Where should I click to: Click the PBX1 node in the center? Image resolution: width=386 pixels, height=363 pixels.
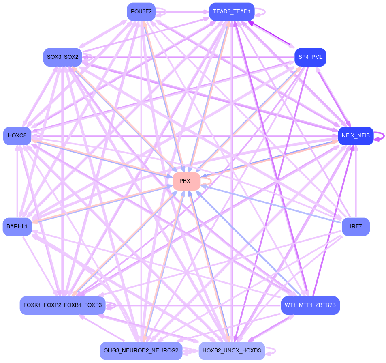pos(186,181)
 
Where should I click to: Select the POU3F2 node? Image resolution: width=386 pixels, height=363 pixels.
pos(141,11)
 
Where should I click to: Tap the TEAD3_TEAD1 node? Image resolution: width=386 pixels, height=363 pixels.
pos(232,12)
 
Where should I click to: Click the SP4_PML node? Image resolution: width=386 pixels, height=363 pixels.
pos(310,57)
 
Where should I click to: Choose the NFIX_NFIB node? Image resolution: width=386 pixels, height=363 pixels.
pos(356,136)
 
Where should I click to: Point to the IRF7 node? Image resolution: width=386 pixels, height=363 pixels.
pos(356,227)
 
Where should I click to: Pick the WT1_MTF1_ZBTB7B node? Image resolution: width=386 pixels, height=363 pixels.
pos(310,305)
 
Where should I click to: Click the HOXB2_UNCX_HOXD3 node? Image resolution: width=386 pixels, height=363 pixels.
pos(232,351)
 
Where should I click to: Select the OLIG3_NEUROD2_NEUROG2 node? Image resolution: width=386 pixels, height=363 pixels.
pos(141,351)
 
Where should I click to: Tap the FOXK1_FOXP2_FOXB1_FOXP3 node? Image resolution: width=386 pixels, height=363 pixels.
pos(62,305)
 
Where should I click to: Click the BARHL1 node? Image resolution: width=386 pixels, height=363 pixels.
pos(17,227)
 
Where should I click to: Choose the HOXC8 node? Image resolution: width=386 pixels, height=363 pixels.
pos(17,136)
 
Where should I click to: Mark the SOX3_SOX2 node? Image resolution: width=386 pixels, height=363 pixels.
pos(62,57)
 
